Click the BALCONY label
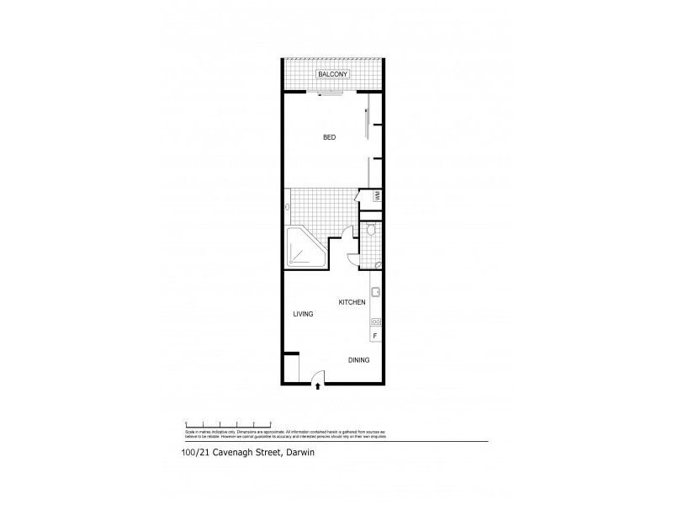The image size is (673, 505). click(332, 76)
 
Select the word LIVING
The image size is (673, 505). click(303, 314)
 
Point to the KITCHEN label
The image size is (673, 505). click(352, 301)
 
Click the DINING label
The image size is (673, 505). click(359, 360)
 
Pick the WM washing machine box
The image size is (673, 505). click(367, 196)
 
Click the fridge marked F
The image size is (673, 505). click(375, 337)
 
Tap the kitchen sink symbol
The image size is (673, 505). click(376, 294)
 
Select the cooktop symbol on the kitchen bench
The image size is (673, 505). click(376, 322)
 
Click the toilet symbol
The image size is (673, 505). click(371, 231)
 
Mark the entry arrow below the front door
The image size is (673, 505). click(316, 388)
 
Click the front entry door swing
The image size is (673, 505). click(317, 378)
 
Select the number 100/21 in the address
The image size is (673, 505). click(196, 451)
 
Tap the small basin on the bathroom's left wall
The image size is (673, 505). click(288, 207)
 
